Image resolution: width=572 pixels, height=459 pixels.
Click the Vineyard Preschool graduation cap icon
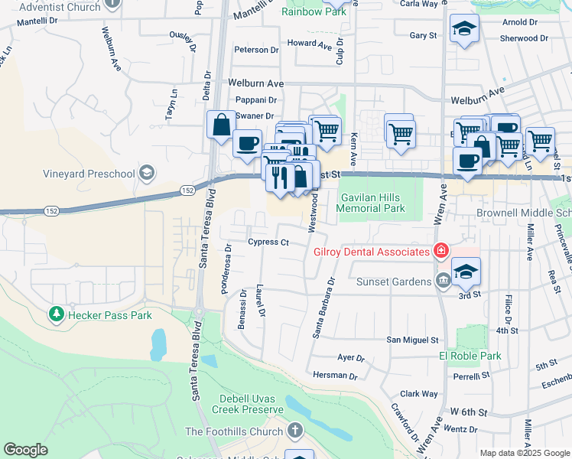point(148,173)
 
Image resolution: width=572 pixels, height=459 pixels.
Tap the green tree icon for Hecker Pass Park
point(56,314)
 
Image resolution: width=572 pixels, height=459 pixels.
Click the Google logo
point(26,450)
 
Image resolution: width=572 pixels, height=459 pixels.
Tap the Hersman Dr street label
point(336,376)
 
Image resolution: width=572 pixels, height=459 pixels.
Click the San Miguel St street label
point(412,340)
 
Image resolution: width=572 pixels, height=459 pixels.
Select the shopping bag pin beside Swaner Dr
point(221,125)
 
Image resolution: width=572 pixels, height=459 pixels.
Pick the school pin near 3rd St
point(466,272)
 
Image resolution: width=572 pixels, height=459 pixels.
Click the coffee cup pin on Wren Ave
point(467,161)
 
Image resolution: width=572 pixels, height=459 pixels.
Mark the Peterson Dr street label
point(256,50)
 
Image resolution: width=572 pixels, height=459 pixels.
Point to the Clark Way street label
point(418,394)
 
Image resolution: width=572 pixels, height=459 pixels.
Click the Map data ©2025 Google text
point(523,452)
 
